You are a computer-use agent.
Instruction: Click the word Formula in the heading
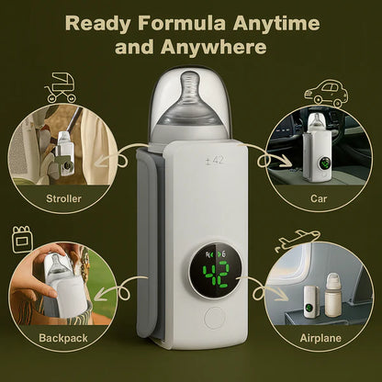pyautogui.click(x=183, y=24)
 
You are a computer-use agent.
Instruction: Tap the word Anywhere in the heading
pyautogui.click(x=214, y=48)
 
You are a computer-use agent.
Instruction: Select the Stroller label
pyautogui.click(x=63, y=198)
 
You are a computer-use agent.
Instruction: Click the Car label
pyautogui.click(x=319, y=198)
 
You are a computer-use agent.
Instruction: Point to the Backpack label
pyautogui.click(x=63, y=338)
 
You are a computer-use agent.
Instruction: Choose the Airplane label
pyautogui.click(x=320, y=338)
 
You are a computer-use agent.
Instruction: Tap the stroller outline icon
pyautogui.click(x=61, y=87)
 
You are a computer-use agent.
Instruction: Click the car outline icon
pyautogui.click(x=326, y=94)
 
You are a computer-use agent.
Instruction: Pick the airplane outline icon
pyautogui.click(x=297, y=241)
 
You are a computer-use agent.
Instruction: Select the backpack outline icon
pyautogui.click(x=22, y=240)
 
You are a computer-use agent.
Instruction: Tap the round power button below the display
pyautogui.click(x=215, y=319)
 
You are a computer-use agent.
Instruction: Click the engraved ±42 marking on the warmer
pyautogui.click(x=215, y=161)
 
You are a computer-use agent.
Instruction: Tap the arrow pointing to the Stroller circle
pyautogui.click(x=116, y=157)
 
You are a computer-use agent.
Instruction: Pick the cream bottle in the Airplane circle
pyautogui.click(x=332, y=295)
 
